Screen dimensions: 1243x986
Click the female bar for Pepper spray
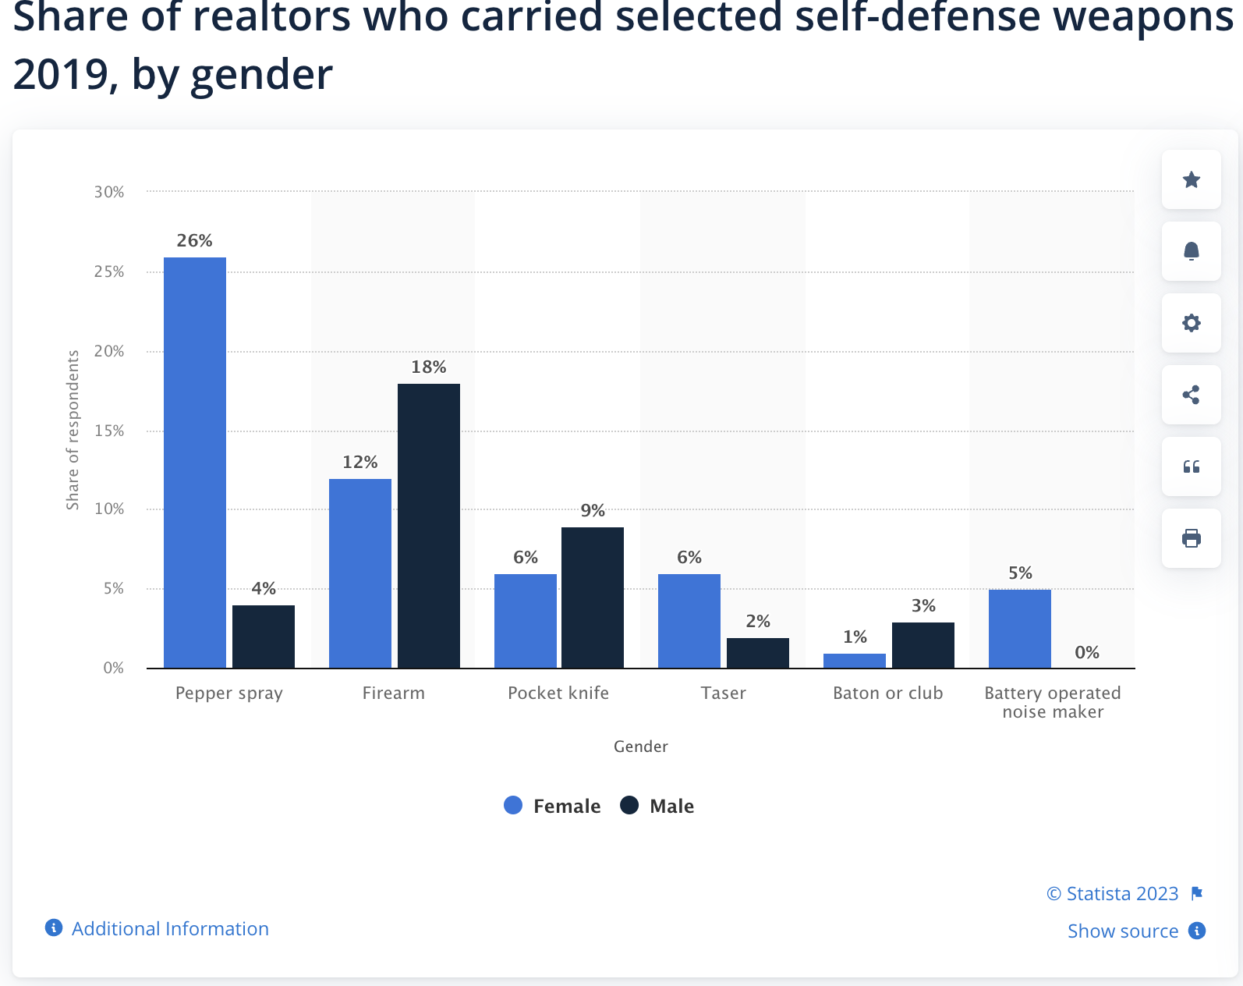click(195, 463)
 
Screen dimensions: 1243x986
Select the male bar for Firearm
click(429, 526)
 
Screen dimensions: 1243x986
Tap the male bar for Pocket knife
click(593, 598)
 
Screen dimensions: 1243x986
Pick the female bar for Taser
click(689, 621)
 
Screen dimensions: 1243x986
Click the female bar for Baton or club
click(855, 661)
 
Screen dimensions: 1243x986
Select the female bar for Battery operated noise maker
click(1019, 629)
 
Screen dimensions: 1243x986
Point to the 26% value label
click(195, 240)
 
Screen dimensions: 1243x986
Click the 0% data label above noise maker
click(1086, 652)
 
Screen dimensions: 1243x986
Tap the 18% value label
click(429, 367)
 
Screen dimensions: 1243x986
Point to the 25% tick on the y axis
click(109, 271)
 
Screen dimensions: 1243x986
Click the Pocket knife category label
click(558, 693)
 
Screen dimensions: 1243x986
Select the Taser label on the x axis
click(723, 693)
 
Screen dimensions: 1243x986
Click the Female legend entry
click(552, 806)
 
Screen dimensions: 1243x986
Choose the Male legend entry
click(657, 806)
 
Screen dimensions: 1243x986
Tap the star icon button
click(1191, 179)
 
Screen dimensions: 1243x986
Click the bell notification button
click(1191, 251)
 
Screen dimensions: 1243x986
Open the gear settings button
click(1191, 323)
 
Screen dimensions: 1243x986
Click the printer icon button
click(1191, 538)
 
